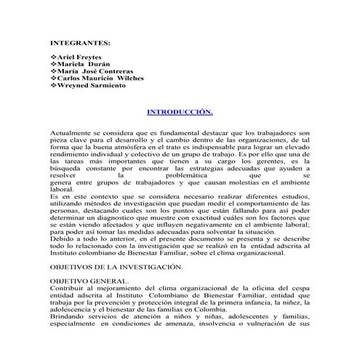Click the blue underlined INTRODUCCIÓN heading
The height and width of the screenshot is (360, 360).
click(x=180, y=113)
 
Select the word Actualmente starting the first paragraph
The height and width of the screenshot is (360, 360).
click(x=72, y=135)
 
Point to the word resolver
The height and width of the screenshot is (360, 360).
click(x=64, y=175)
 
